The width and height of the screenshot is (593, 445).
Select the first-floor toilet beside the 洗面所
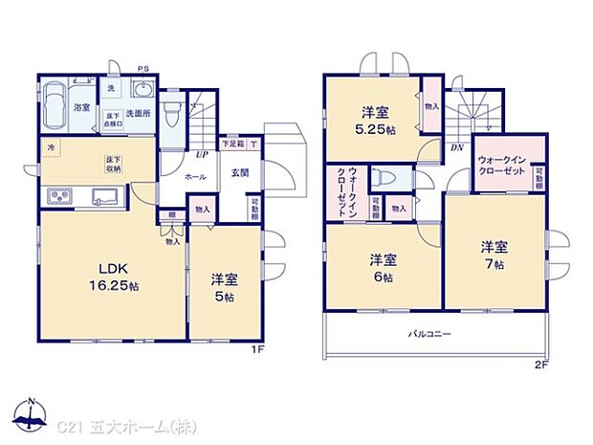click(171, 119)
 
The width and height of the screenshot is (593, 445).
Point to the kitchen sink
click(102, 197)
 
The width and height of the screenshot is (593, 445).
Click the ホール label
click(194, 177)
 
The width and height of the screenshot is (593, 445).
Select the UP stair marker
click(202, 153)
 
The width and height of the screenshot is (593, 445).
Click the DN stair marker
click(458, 148)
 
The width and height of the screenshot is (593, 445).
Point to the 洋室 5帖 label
click(223, 287)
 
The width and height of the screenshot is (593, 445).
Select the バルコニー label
click(429, 333)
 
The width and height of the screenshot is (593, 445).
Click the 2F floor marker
click(540, 365)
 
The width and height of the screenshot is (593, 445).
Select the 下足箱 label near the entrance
click(232, 145)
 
